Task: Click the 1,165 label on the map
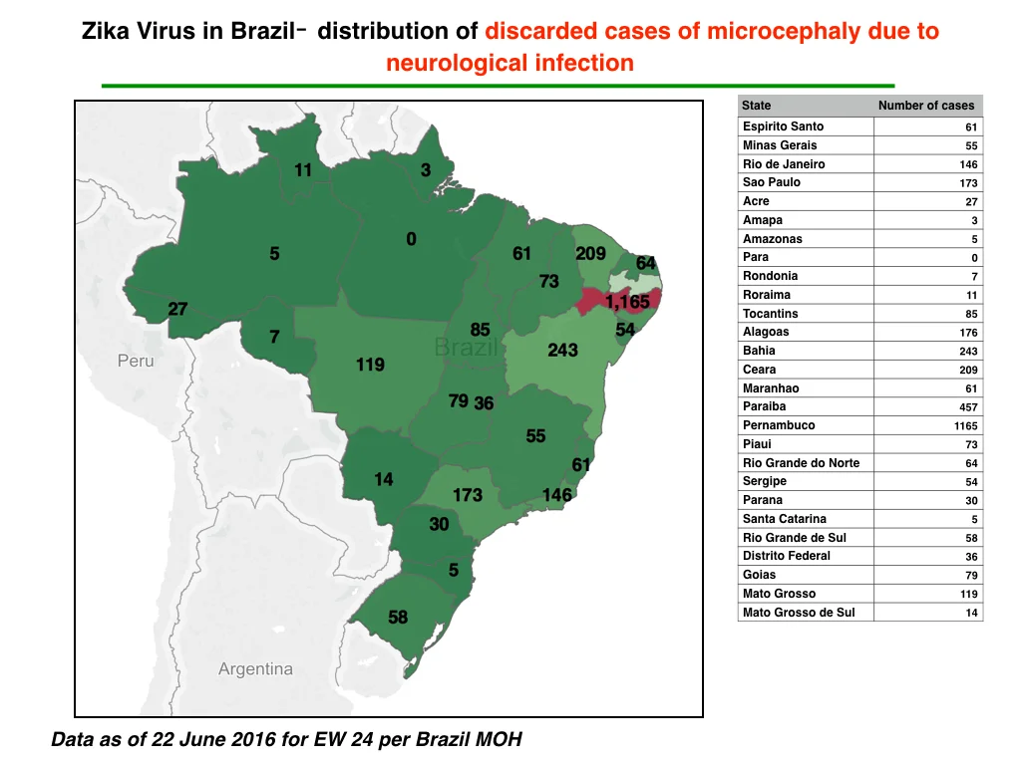[x=627, y=302]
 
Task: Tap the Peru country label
[x=136, y=361]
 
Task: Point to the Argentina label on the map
[x=255, y=669]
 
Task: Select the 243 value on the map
[x=562, y=350]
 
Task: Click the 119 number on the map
[x=370, y=365]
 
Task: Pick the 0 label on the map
[x=411, y=239]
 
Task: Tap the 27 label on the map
[x=177, y=309]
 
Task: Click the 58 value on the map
[x=398, y=617]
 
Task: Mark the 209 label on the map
[x=590, y=253]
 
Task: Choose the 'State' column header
[x=756, y=106]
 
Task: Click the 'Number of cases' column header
[x=926, y=106]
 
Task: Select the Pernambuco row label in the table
[x=779, y=425]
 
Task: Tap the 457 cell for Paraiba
[x=968, y=407]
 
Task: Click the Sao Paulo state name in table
[x=772, y=182]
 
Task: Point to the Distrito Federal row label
[x=787, y=556]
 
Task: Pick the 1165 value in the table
[x=965, y=426]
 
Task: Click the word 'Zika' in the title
[x=106, y=31]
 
